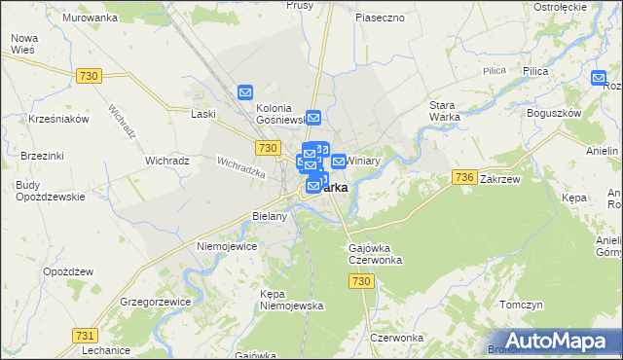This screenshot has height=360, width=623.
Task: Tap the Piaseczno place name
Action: click(380, 18)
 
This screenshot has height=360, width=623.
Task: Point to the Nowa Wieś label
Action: click(23, 45)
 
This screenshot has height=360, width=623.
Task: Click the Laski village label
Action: click(203, 114)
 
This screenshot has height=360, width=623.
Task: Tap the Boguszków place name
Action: click(552, 113)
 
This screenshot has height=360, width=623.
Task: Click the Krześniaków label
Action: click(59, 118)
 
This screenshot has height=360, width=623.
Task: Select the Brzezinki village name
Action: click(42, 156)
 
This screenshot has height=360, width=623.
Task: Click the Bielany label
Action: click(269, 216)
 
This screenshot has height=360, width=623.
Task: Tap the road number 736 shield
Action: click(463, 177)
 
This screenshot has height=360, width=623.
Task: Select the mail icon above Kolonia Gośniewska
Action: click(245, 92)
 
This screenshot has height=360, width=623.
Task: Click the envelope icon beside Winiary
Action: click(338, 161)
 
